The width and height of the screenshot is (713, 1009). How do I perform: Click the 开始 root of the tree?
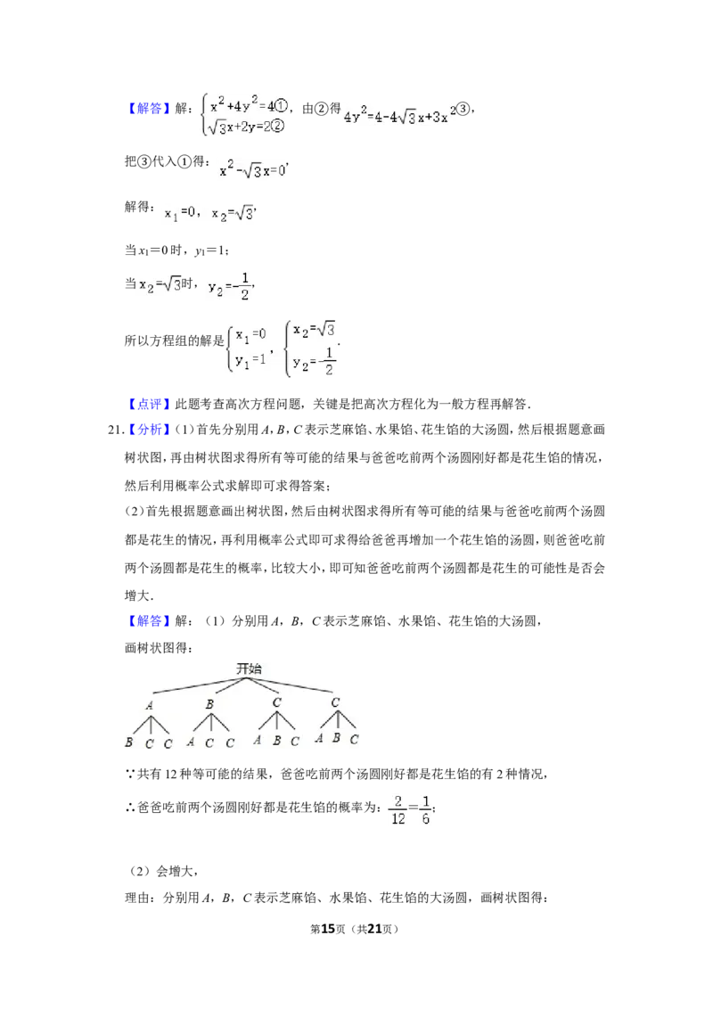[x=249, y=667]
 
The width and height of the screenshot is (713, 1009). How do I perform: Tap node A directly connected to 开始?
[x=149, y=705]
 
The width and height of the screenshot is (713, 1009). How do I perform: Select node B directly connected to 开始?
[x=209, y=705]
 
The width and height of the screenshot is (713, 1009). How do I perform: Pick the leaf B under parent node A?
[x=128, y=742]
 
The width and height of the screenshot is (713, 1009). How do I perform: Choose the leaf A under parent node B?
[x=191, y=741]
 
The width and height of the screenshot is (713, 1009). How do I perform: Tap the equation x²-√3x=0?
[x=250, y=170]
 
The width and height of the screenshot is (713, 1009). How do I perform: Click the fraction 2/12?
[x=397, y=808]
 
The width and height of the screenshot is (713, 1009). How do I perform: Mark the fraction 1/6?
[x=426, y=808]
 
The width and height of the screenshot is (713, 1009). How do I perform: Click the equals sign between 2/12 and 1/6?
[x=413, y=809]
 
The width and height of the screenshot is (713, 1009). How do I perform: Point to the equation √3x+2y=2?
[x=236, y=127]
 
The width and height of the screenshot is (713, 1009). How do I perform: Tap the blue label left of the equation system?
[x=149, y=110]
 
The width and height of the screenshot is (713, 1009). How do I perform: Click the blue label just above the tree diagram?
[x=149, y=620]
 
